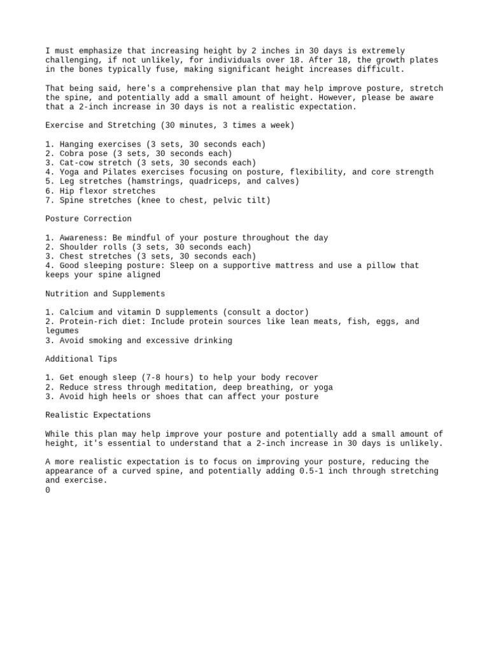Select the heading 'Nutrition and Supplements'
(105, 294)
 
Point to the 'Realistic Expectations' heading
(98, 415)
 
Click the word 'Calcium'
(76, 313)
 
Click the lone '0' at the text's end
(48, 490)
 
